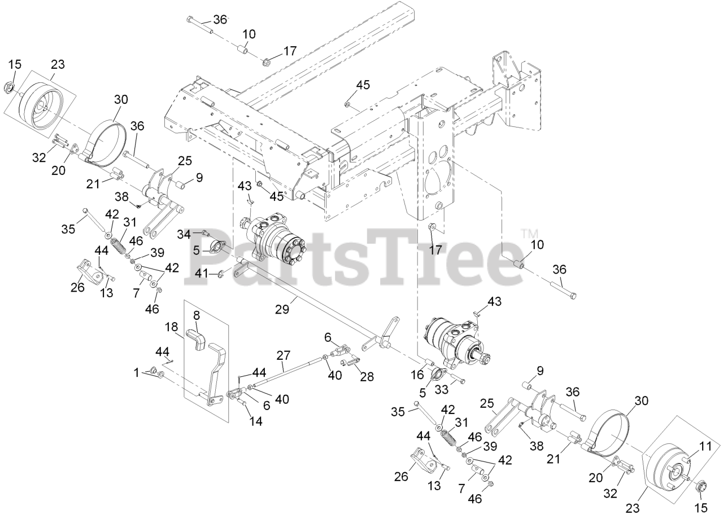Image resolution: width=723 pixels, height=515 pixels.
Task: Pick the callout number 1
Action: click(x=136, y=372)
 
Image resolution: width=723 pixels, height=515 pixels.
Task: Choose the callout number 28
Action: click(x=368, y=377)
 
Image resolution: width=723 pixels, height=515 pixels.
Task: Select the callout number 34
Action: click(x=184, y=234)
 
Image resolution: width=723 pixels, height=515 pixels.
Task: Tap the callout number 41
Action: click(x=202, y=273)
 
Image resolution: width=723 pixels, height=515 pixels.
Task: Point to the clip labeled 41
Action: click(x=221, y=274)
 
